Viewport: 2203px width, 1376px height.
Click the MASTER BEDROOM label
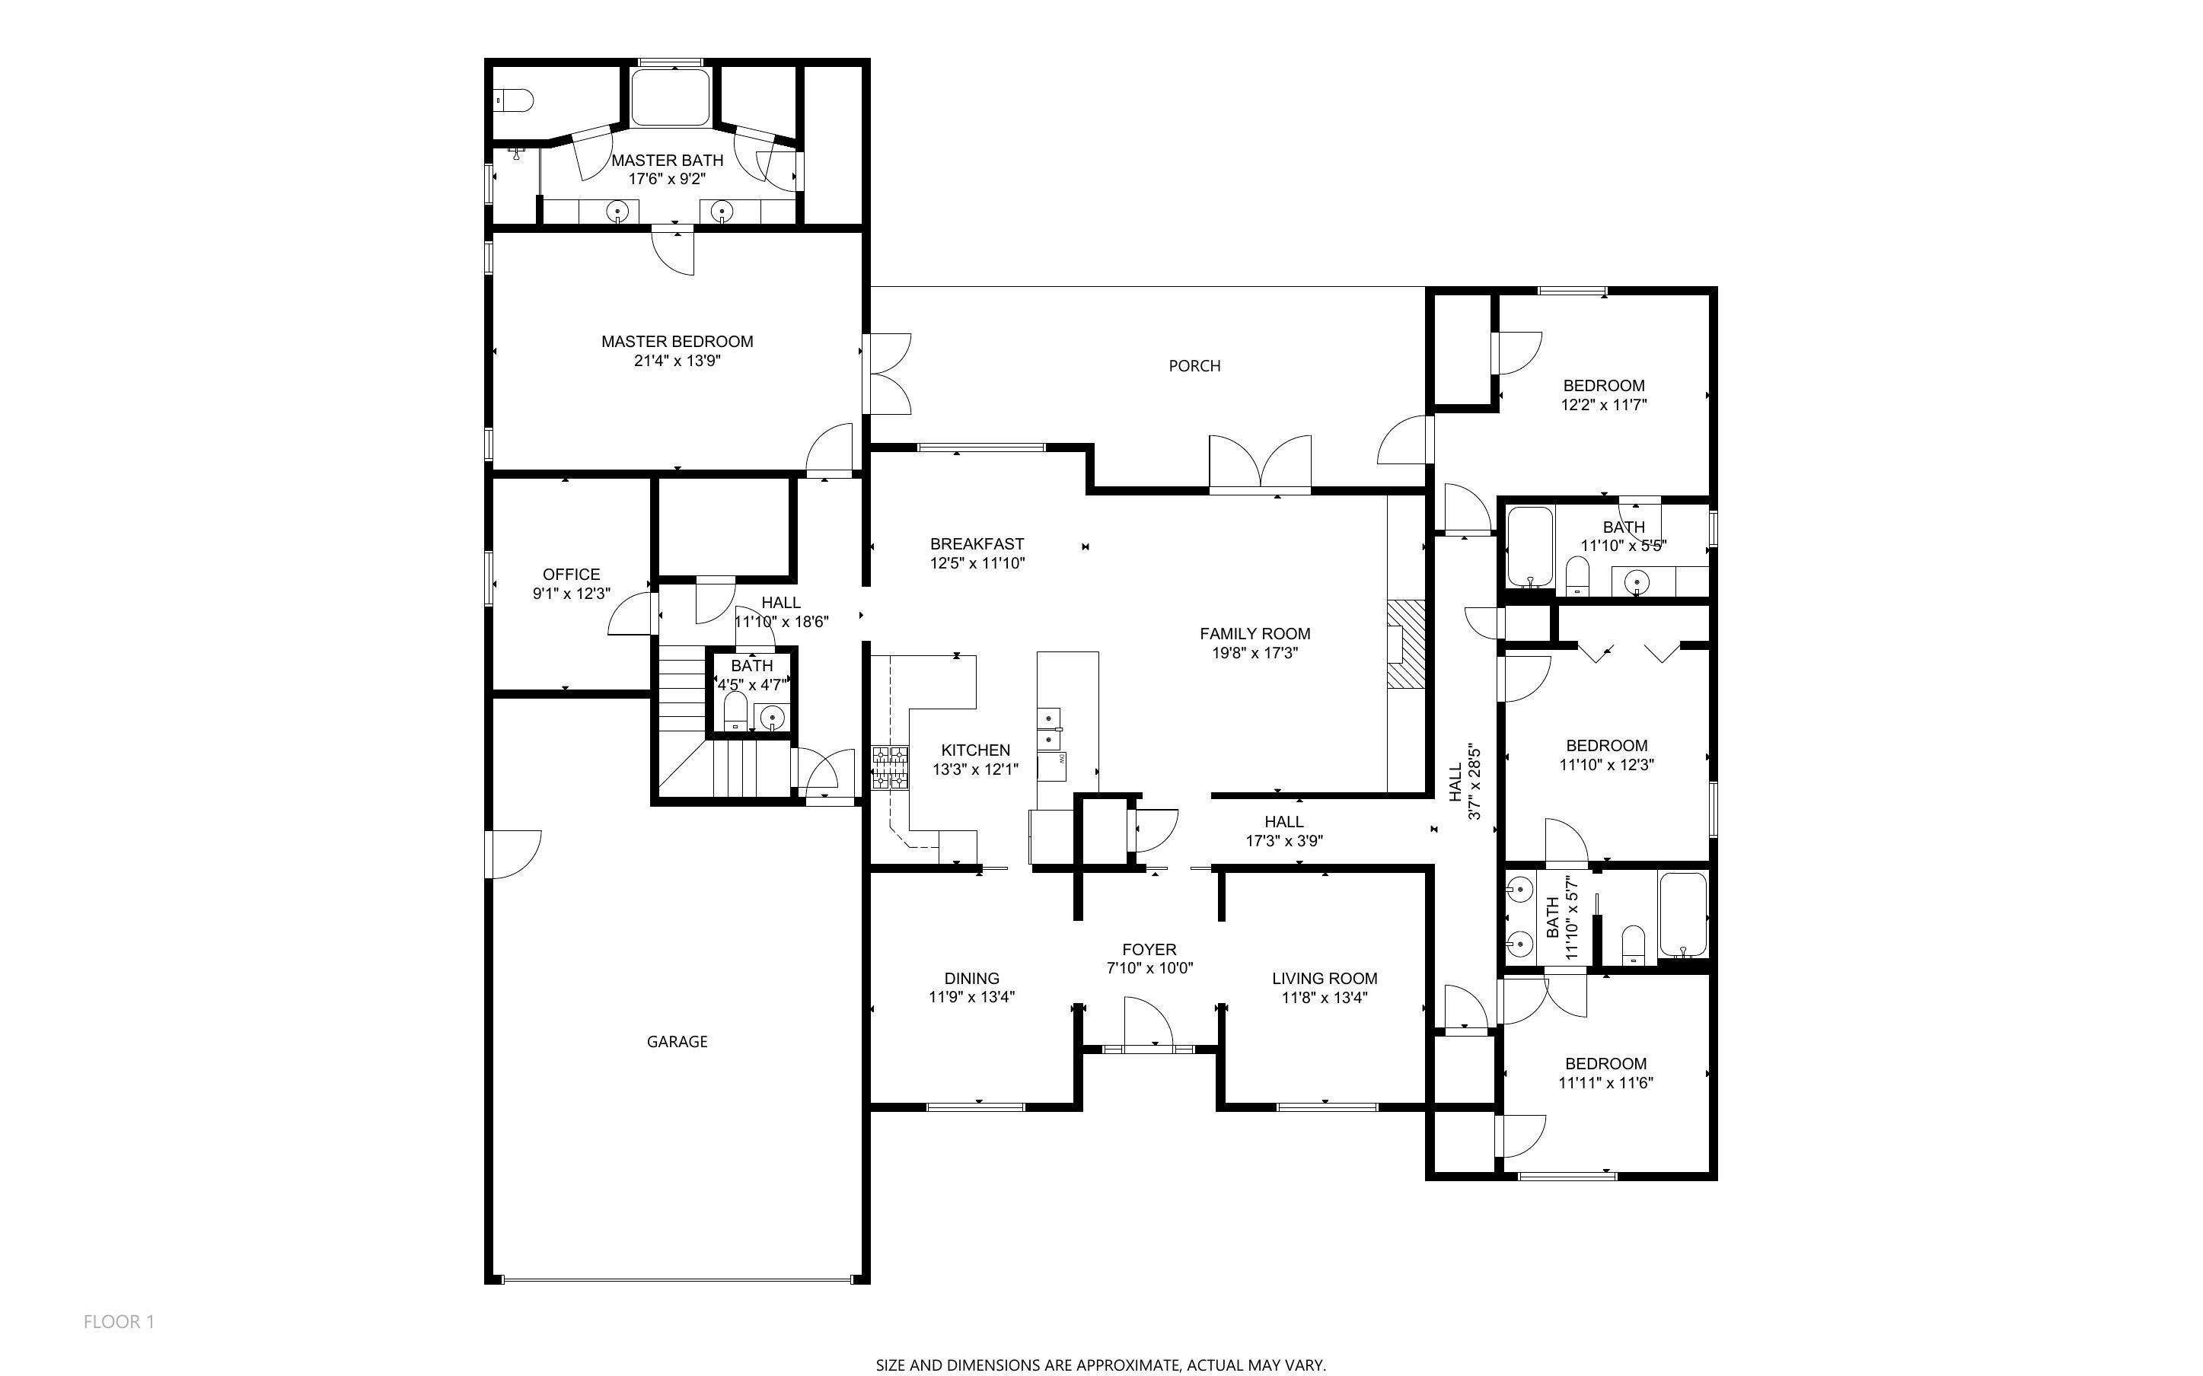pyautogui.click(x=677, y=341)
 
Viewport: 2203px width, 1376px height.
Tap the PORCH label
pyautogui.click(x=1194, y=366)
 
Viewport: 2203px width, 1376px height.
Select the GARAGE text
pyautogui.click(x=677, y=1041)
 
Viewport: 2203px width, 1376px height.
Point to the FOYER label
pyautogui.click(x=1149, y=949)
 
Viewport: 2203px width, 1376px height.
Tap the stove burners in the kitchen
pyautogui.click(x=890, y=767)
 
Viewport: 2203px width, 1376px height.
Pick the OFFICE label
pyautogui.click(x=572, y=575)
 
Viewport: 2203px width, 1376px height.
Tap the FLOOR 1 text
pyautogui.click(x=120, y=1321)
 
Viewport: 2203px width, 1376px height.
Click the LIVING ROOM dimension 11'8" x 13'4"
pyautogui.click(x=1325, y=998)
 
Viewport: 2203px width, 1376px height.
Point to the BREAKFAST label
pyautogui.click(x=977, y=544)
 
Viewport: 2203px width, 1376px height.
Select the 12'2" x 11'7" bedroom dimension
pyautogui.click(x=1603, y=405)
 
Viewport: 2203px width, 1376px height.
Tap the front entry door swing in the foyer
pyautogui.click(x=1147, y=1023)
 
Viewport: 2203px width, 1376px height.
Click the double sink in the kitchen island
pyautogui.click(x=1049, y=727)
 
